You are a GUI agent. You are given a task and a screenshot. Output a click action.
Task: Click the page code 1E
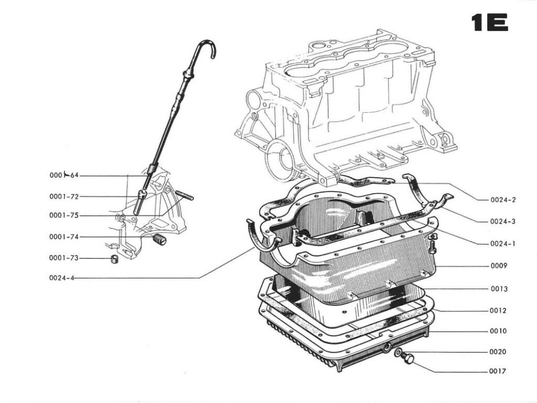click(x=490, y=23)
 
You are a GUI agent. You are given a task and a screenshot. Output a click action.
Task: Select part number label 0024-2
click(x=503, y=200)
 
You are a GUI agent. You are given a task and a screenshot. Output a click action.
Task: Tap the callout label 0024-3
click(x=503, y=221)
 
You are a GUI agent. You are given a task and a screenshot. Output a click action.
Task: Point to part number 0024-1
click(x=503, y=243)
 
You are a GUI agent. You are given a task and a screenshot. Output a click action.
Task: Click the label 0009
click(x=499, y=266)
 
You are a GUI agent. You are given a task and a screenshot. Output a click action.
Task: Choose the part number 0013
click(x=499, y=289)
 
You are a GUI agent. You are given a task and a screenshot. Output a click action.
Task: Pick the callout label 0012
click(x=499, y=310)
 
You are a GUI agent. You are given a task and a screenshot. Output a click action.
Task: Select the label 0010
click(x=499, y=331)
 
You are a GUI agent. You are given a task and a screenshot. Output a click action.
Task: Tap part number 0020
click(x=499, y=352)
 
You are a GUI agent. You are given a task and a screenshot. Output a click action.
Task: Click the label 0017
click(x=499, y=372)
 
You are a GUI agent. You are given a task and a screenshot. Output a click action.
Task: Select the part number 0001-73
click(x=64, y=258)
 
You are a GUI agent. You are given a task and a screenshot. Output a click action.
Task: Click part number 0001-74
click(x=64, y=237)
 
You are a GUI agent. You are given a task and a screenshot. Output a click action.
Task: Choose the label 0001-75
click(x=64, y=215)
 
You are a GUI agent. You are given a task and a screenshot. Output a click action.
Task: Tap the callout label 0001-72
click(x=64, y=197)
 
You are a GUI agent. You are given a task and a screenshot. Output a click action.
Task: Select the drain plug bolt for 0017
click(x=409, y=359)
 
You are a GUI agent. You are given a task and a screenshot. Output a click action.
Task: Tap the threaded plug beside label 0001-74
click(x=160, y=240)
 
